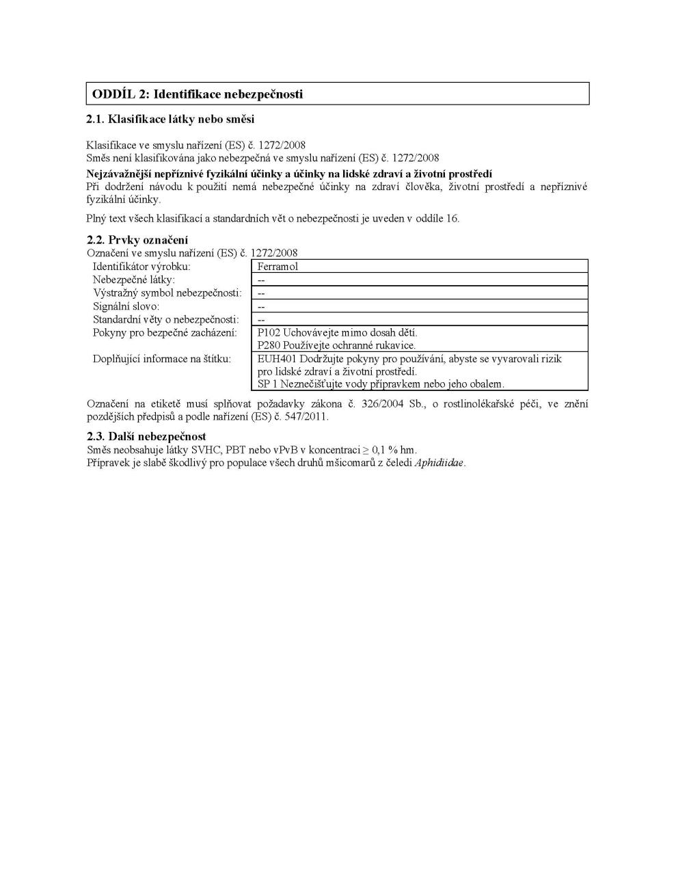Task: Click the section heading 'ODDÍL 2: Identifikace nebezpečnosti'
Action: (x=198, y=94)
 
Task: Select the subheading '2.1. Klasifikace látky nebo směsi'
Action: (x=170, y=120)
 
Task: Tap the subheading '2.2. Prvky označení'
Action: (x=137, y=240)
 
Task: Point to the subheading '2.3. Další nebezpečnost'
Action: (x=146, y=436)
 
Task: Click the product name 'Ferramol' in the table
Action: (x=278, y=267)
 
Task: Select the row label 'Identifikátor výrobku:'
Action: (x=141, y=267)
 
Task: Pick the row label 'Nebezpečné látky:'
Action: (x=134, y=280)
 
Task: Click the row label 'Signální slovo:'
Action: (x=126, y=306)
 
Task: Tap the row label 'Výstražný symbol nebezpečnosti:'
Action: (x=167, y=293)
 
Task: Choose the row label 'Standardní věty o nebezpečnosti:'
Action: (x=165, y=319)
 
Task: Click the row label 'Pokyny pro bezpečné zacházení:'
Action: (x=165, y=332)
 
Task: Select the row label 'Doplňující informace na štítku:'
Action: (x=162, y=359)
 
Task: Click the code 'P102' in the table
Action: (x=269, y=332)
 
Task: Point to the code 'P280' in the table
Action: (x=269, y=345)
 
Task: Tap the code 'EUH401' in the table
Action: (x=277, y=359)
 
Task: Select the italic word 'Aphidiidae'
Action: (x=439, y=463)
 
